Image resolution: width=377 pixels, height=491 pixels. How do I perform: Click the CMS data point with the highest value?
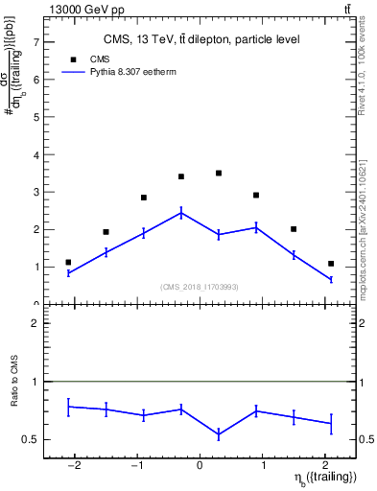coord(219,174)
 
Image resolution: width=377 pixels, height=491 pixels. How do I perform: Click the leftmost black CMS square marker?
coord(68,262)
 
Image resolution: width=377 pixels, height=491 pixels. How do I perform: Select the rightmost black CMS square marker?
coord(331,264)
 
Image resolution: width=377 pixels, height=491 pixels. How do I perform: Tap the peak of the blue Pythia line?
coord(181,213)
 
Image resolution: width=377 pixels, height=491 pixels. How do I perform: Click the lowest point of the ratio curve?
coord(219,434)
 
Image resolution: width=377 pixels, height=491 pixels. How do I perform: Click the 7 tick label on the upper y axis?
coord(35,43)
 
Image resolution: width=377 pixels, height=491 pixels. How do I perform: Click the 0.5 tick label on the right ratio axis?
coord(367,439)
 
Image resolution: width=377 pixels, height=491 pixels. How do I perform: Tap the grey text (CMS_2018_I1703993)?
coord(200,287)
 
